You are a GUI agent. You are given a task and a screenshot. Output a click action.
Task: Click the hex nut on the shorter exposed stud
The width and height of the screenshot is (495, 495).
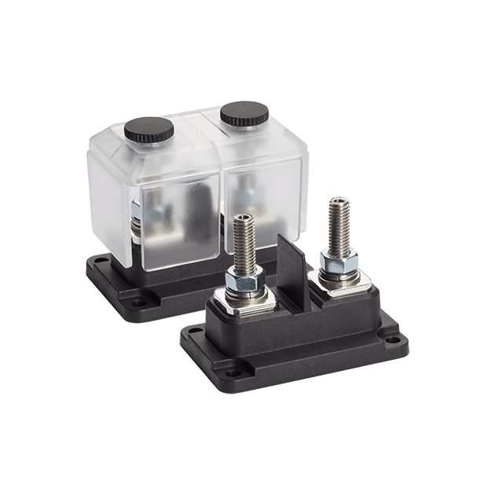243,279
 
